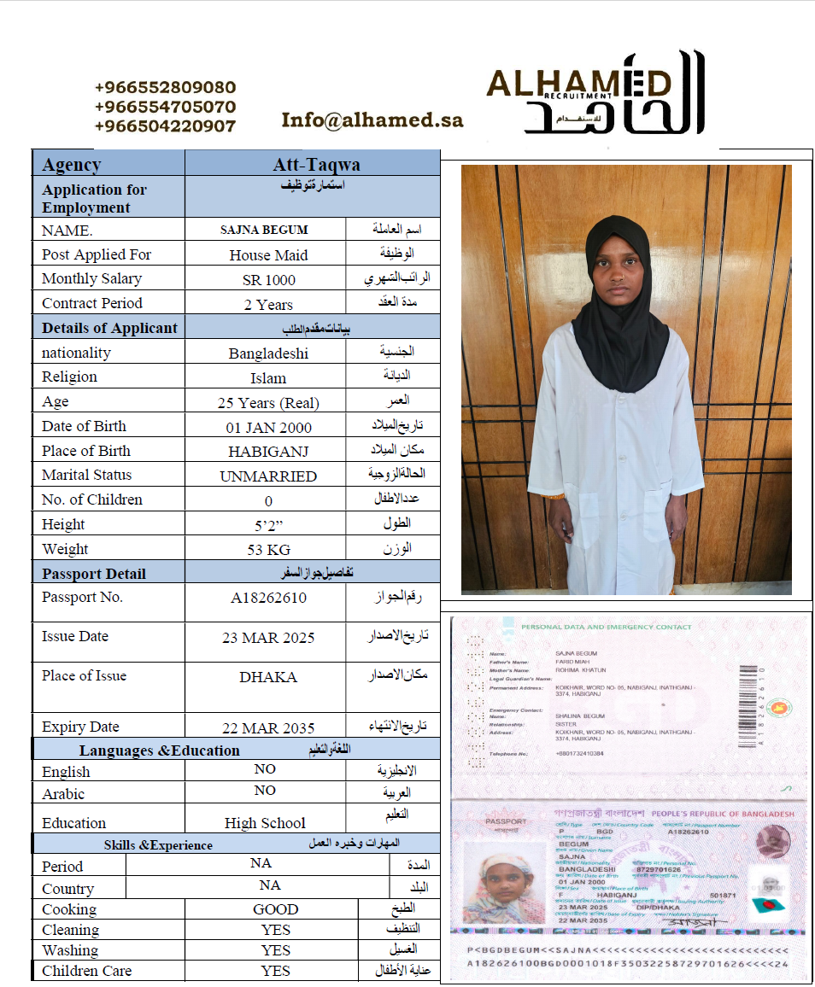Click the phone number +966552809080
[x=165, y=88]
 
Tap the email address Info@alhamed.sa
[x=372, y=120]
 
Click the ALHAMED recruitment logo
[x=595, y=94]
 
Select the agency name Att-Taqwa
[x=316, y=165]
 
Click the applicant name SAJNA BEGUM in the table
[x=264, y=230]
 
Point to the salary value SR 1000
[x=268, y=280]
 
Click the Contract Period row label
[x=92, y=303]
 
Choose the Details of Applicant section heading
[x=109, y=328]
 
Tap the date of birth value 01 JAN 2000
[x=268, y=428]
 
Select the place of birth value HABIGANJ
[x=268, y=452]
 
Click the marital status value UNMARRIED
[x=268, y=476]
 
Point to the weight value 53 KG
[x=268, y=550]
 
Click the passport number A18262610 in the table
[x=268, y=598]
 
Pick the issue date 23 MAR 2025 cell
[x=268, y=638]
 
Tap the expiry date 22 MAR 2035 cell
[x=268, y=728]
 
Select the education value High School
[x=265, y=824]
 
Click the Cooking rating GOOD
[x=276, y=910]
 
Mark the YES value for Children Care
[x=276, y=971]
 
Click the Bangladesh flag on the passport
[x=762, y=904]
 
